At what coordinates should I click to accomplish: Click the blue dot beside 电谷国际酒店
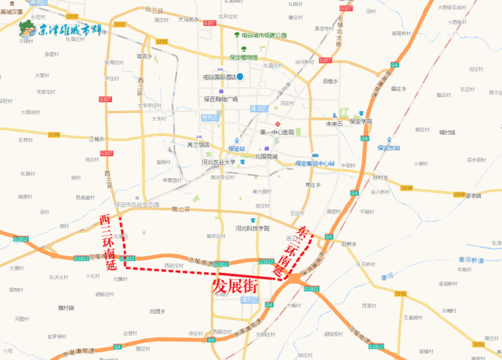[242, 77]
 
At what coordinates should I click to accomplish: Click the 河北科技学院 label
[251, 228]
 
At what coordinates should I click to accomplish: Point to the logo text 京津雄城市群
[71, 31]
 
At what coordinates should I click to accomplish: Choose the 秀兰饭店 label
[198, 144]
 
